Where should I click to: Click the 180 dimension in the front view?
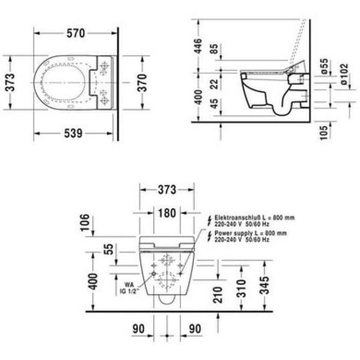166,213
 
